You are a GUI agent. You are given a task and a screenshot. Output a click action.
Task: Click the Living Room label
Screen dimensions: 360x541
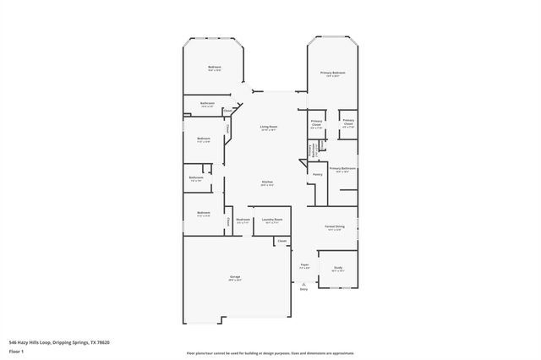click(x=269, y=127)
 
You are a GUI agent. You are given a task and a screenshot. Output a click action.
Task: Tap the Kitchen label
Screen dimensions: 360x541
click(x=266, y=183)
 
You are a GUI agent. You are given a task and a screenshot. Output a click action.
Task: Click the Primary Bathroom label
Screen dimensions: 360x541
click(x=342, y=169)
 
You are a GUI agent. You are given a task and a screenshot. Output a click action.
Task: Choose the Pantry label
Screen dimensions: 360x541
click(x=317, y=175)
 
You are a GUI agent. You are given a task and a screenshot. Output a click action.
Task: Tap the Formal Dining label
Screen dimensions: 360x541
click(x=334, y=227)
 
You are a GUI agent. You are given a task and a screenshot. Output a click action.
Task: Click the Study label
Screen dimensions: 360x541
click(x=337, y=268)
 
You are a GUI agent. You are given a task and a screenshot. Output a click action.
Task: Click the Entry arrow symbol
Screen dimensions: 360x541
click(x=303, y=283)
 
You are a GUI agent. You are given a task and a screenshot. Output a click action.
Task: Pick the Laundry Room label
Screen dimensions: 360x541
click(x=271, y=219)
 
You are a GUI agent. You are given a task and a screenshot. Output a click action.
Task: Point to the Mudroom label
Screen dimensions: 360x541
click(x=243, y=219)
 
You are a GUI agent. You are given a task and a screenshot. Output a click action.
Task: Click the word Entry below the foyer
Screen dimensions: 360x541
click(x=303, y=289)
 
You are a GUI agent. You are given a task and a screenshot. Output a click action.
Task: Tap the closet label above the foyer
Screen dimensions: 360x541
click(x=281, y=241)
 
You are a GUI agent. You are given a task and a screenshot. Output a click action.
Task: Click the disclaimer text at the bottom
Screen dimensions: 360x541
click(x=270, y=352)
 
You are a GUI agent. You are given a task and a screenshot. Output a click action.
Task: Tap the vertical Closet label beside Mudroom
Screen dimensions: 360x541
click(x=228, y=221)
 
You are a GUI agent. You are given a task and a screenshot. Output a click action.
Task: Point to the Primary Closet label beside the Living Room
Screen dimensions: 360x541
click(x=317, y=123)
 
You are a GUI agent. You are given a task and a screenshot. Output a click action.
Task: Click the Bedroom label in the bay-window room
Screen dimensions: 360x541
click(x=215, y=68)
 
